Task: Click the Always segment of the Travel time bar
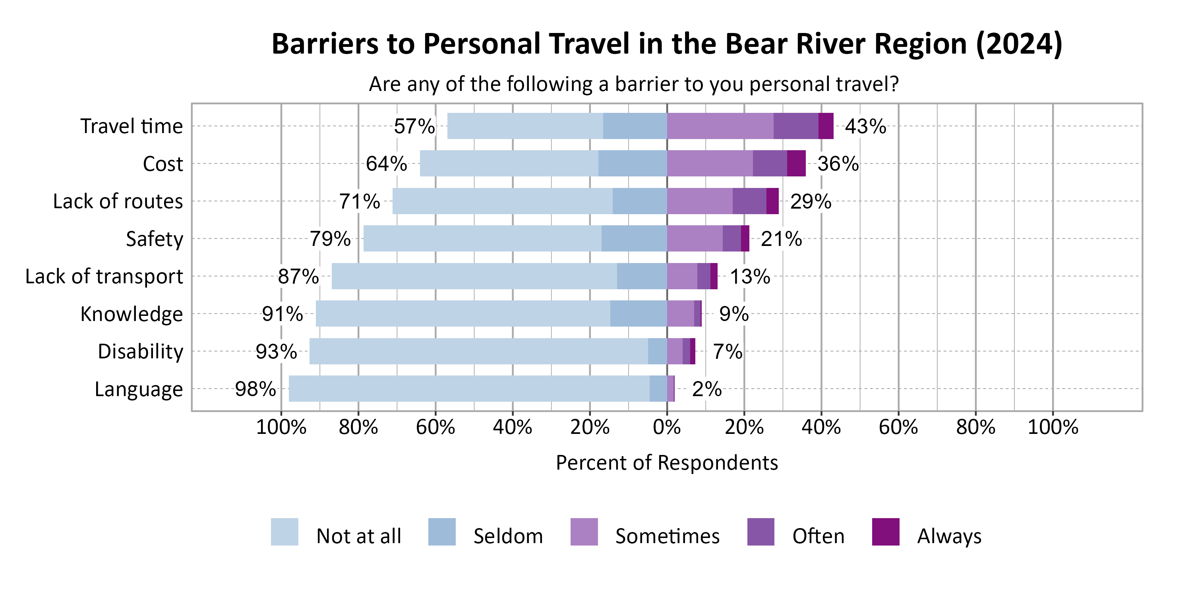click(826, 126)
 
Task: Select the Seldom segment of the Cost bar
click(632, 163)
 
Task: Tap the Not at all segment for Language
click(469, 389)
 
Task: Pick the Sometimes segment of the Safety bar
click(695, 239)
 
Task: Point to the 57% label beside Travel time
click(414, 126)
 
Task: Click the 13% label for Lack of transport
click(750, 277)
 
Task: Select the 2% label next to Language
click(706, 389)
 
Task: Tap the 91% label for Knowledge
click(282, 314)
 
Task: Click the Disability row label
click(140, 352)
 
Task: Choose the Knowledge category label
click(132, 314)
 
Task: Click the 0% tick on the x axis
click(667, 427)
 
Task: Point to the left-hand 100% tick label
click(281, 427)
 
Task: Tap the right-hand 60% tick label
click(898, 427)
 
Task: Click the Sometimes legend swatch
click(584, 532)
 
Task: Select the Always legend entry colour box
click(885, 532)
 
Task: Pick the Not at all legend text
click(359, 536)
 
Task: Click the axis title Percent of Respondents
click(667, 463)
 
